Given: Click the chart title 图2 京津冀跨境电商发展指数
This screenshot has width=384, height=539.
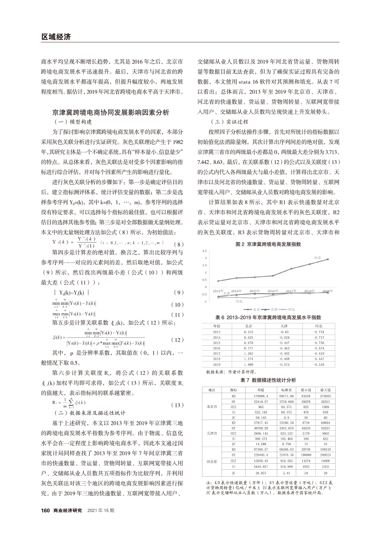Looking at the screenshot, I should pos(268,243).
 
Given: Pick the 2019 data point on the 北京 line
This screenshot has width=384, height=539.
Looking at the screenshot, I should pos(328,259).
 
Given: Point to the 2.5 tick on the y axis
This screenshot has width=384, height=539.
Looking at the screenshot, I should pos(204,251).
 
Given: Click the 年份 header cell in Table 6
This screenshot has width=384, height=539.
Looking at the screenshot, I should pos(216,326).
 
